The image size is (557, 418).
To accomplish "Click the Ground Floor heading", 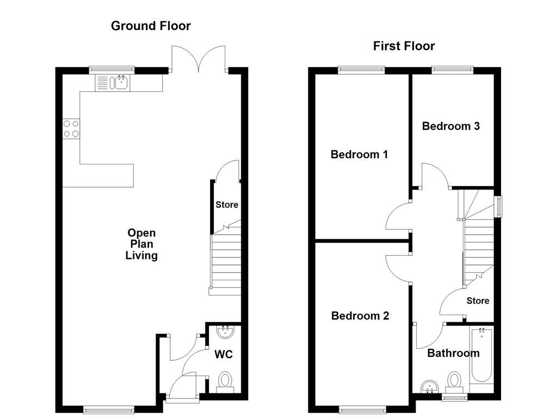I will [x=151, y=26].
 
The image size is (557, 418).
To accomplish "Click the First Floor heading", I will [x=404, y=46].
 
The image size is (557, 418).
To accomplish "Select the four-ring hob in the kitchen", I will [x=71, y=128].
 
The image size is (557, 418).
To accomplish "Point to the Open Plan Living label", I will [x=141, y=244].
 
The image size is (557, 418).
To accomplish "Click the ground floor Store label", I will [x=227, y=205].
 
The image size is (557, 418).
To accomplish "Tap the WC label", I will [x=223, y=355].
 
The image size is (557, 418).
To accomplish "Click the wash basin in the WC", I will [x=224, y=331].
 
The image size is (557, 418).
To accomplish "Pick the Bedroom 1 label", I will [x=359, y=155].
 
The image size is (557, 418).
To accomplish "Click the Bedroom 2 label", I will [x=360, y=316].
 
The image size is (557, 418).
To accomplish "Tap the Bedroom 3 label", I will [x=451, y=126].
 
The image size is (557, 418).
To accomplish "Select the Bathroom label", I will [x=453, y=353].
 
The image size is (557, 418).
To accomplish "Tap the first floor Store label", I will [x=478, y=301].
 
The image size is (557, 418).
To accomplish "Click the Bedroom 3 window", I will [x=452, y=70].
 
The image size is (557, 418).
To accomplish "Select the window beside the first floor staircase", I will [x=498, y=206].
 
